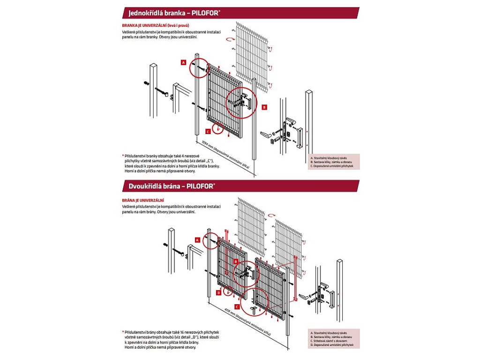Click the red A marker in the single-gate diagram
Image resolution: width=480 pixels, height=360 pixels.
[x=184, y=62]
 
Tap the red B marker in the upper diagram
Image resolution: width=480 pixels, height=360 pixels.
[x=264, y=107]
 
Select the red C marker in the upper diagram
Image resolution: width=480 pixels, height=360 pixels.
[x=208, y=131]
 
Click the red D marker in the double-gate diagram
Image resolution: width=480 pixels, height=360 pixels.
[x=219, y=292]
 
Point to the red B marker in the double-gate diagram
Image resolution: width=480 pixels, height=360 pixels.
[x=236, y=261]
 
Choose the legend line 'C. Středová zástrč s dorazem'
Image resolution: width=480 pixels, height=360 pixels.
[x=330, y=341]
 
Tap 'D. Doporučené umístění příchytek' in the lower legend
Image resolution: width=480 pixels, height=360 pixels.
[x=331, y=345]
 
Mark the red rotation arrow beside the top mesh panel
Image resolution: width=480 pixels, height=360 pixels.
[x=230, y=40]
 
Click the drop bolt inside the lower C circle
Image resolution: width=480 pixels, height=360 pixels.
[x=255, y=309]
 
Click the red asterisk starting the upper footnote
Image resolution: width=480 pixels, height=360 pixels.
[x=122, y=155]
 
